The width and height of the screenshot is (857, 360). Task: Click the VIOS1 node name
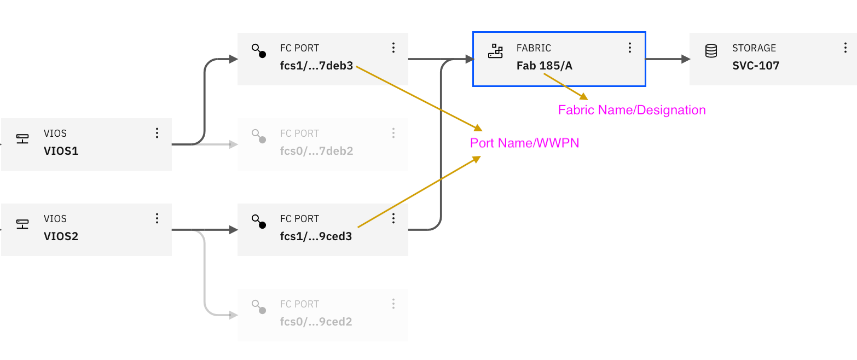coord(61,151)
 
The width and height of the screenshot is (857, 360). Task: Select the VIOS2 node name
coord(61,236)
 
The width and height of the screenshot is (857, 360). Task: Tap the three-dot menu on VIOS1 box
coord(157,133)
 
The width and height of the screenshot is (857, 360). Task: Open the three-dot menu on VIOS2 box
coord(157,218)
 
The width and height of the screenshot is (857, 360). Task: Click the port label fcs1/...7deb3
coord(316,66)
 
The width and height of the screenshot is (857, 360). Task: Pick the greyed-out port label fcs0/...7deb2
coord(316,151)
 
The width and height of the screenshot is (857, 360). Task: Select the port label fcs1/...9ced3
coord(316,236)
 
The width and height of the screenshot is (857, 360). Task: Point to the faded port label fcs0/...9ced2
coord(316,322)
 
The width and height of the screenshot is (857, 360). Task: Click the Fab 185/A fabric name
coord(544,66)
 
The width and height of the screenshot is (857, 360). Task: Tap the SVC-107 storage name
coord(756,66)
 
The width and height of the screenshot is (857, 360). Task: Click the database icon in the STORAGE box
coord(711,51)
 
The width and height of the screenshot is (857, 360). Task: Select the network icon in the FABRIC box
coord(495,51)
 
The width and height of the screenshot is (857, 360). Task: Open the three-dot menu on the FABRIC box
coord(630,48)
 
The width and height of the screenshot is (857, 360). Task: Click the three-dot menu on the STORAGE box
coord(846,48)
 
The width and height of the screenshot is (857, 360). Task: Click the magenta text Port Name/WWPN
coord(524,143)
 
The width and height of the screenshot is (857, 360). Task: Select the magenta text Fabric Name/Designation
coord(632,111)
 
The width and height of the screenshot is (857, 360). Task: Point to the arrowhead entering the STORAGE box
coord(685,59)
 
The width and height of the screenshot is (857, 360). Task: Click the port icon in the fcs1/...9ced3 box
coord(258,222)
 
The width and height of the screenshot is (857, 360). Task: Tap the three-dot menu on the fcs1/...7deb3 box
coord(393,48)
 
